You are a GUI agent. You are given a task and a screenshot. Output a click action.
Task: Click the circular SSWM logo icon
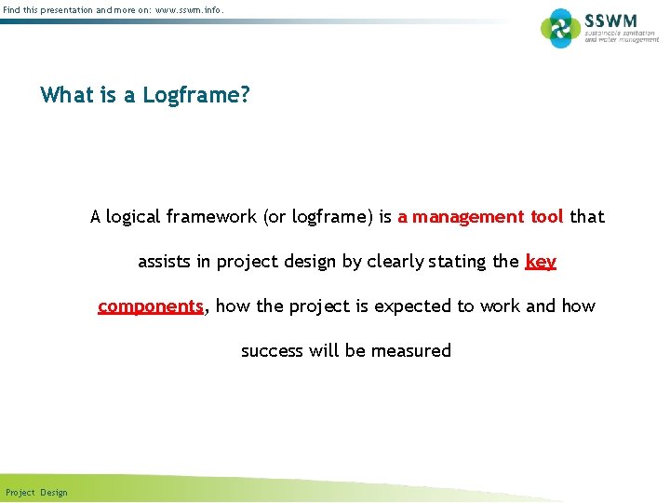click(560, 27)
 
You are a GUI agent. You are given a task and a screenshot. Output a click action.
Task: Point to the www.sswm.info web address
click(190, 9)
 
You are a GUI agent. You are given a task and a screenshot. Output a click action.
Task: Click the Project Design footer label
click(36, 492)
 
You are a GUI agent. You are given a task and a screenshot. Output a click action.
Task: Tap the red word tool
click(546, 217)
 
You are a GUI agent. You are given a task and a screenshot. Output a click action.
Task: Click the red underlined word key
click(541, 262)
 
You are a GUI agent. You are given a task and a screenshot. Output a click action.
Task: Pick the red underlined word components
click(150, 306)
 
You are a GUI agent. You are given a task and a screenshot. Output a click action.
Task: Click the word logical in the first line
click(133, 217)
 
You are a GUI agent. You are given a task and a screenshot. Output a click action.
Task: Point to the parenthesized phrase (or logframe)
click(319, 217)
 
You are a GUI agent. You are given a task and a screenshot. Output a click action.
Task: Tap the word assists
click(164, 262)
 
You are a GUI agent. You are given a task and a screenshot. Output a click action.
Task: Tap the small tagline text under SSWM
click(621, 35)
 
